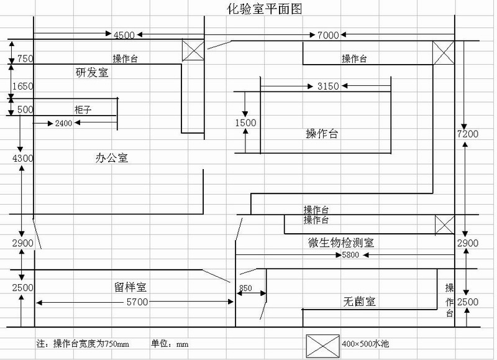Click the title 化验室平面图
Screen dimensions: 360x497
(257, 9)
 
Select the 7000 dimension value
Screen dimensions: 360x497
(327, 35)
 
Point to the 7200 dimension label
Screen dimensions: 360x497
(468, 134)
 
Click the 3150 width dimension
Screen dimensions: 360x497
(327, 86)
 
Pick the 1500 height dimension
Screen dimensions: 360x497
(245, 122)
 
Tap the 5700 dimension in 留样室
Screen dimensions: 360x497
(137, 302)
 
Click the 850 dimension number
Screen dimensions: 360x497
(245, 288)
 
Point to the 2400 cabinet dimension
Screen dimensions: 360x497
(63, 124)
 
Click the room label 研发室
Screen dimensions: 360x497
(92, 72)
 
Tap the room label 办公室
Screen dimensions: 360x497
(112, 158)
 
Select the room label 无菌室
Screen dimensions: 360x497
(359, 302)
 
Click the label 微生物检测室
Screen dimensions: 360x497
(340, 242)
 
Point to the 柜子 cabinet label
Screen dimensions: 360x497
(83, 109)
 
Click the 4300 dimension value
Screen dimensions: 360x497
(21, 159)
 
